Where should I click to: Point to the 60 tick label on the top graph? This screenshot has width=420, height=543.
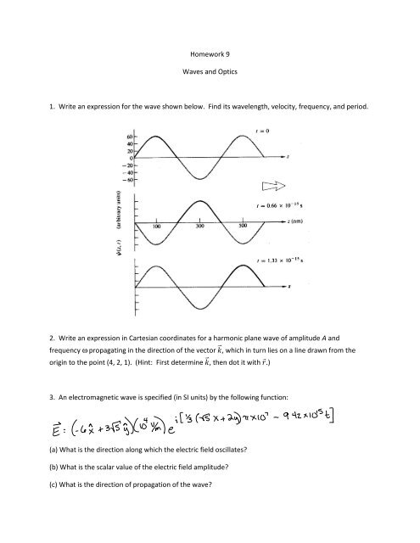(131, 136)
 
